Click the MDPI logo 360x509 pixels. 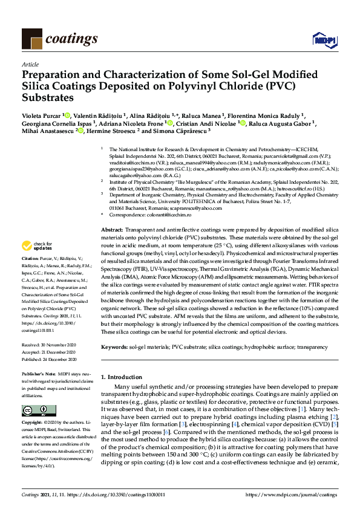pyautogui.click(x=322, y=41)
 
